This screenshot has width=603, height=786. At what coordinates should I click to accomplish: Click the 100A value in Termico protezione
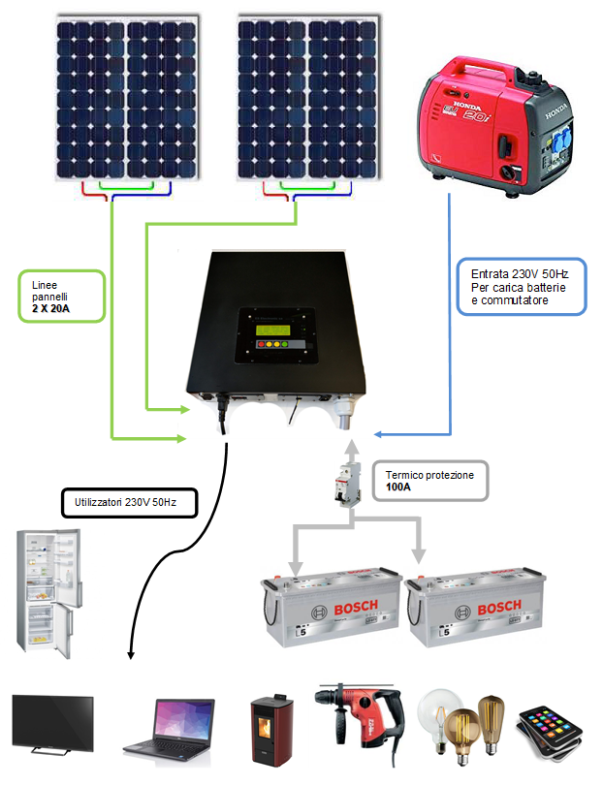397,489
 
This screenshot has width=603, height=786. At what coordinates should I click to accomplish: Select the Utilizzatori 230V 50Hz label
127,504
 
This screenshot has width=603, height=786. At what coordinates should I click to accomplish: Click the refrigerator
47,591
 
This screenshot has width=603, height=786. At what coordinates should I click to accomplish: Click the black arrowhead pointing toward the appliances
132,657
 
